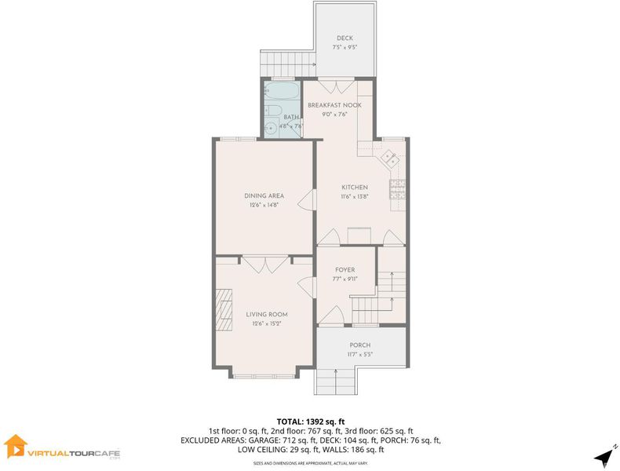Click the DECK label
pyautogui.click(x=345, y=38)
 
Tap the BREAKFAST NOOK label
pyautogui.click(x=334, y=105)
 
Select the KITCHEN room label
pyautogui.click(x=355, y=187)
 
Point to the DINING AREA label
pyautogui.click(x=264, y=195)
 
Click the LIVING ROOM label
pyautogui.click(x=267, y=315)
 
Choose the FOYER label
pyautogui.click(x=345, y=270)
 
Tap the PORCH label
pyautogui.click(x=359, y=345)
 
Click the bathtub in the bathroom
pyautogui.click(x=282, y=91)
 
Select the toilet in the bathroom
pyautogui.click(x=272, y=111)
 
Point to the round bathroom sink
pyautogui.click(x=271, y=128)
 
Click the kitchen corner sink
pyautogui.click(x=389, y=159)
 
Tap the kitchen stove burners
pyautogui.click(x=398, y=189)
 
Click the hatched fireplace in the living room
pyautogui.click(x=224, y=309)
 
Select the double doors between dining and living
pyautogui.click(x=265, y=265)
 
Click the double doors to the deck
pyautogui.click(x=336, y=87)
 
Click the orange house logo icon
pyautogui.click(x=16, y=446)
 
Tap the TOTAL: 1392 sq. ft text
pyautogui.click(x=311, y=422)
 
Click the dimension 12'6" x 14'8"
pyautogui.click(x=264, y=205)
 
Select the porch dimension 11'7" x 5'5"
pyautogui.click(x=359, y=354)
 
